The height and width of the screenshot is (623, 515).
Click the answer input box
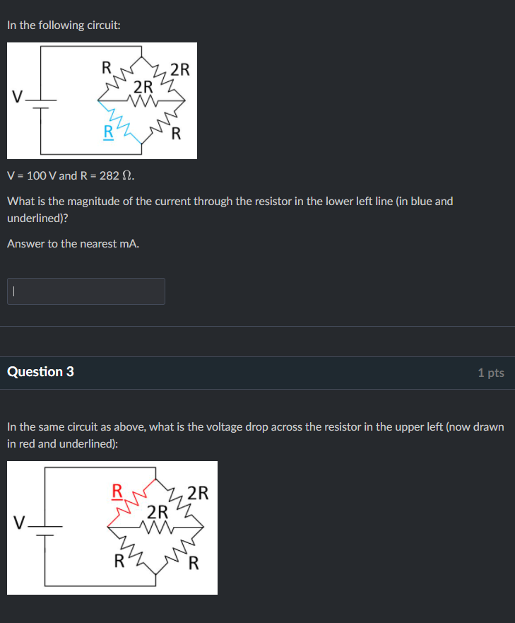click(x=86, y=291)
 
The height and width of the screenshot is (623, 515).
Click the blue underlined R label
click(x=108, y=132)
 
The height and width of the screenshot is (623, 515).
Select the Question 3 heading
click(x=40, y=372)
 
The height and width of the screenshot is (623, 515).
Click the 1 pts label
click(x=490, y=373)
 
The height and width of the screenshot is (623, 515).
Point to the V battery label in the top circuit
click(x=16, y=96)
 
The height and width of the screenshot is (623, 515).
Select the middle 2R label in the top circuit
click(x=143, y=88)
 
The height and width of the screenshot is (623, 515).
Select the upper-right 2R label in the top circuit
click(x=180, y=69)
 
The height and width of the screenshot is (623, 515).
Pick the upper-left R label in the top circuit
click(x=107, y=68)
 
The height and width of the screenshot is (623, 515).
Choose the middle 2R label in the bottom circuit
click(x=158, y=511)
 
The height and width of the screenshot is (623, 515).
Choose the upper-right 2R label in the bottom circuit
click(x=199, y=493)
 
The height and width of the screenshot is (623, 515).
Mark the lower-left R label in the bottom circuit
click(x=119, y=563)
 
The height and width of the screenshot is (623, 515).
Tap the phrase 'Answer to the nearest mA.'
click(x=73, y=244)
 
